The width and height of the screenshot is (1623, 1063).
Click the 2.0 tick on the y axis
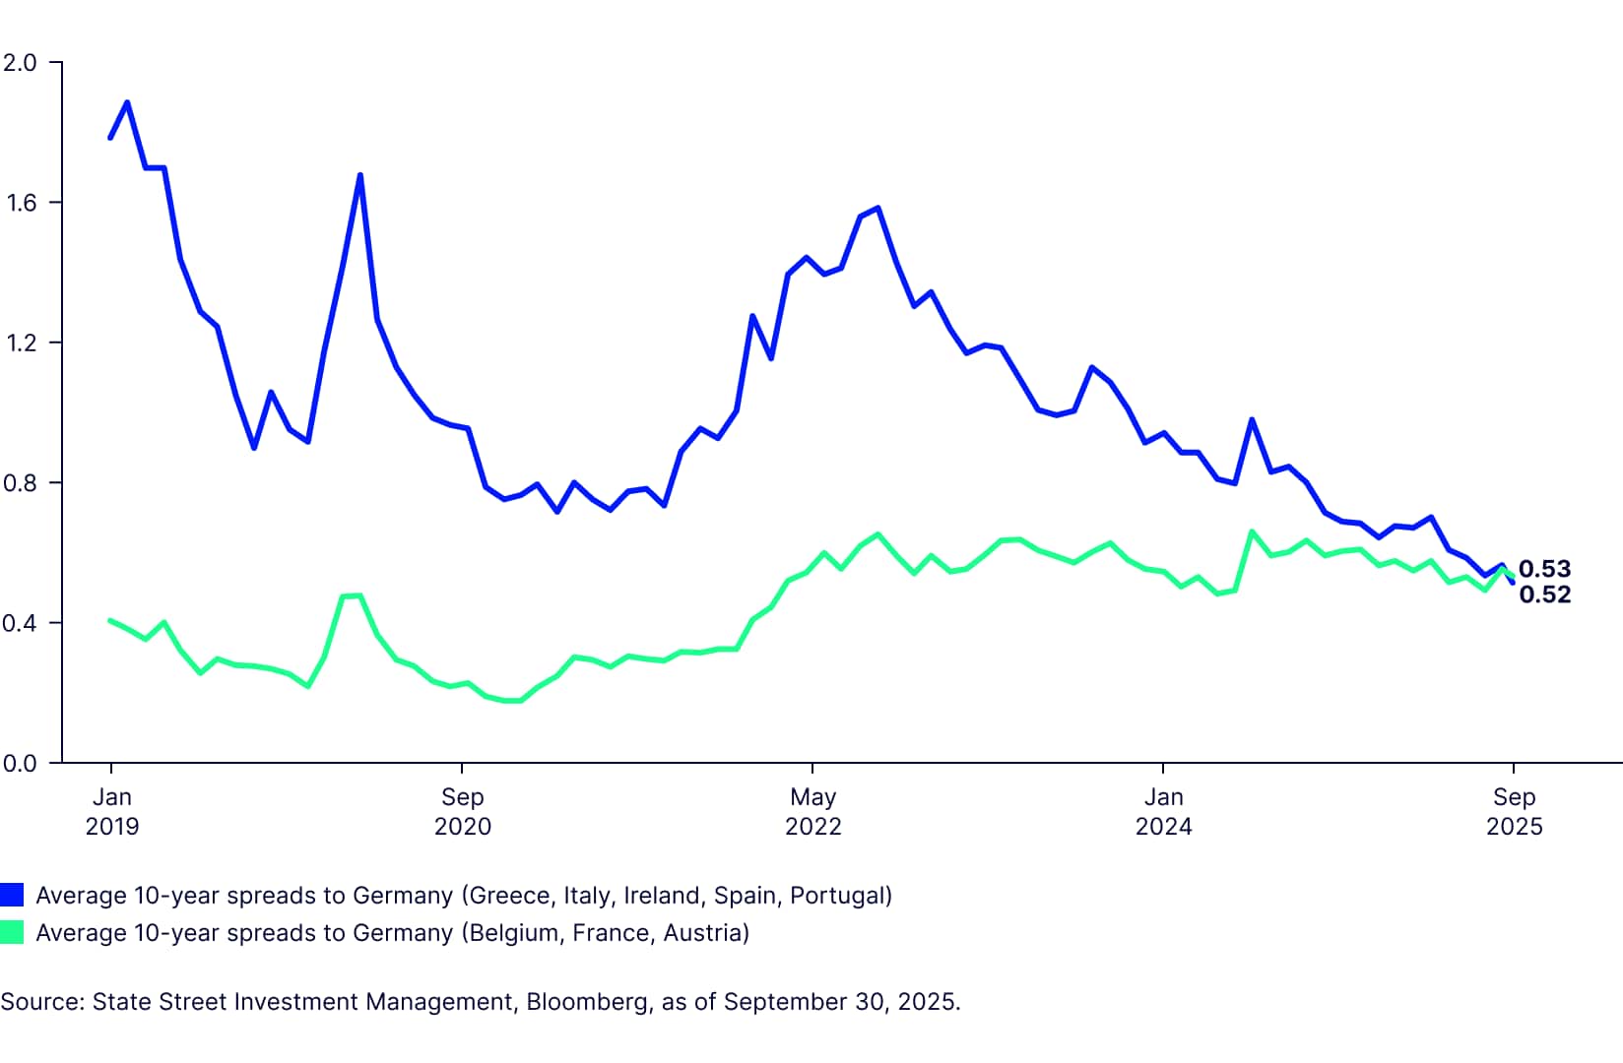pyautogui.click(x=20, y=63)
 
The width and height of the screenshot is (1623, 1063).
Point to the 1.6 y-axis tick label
pyautogui.click(x=20, y=203)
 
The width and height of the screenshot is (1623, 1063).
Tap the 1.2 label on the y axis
pyautogui.click(x=20, y=344)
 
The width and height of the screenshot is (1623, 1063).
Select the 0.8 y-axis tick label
pyautogui.click(x=20, y=483)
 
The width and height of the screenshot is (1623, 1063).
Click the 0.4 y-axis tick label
pyautogui.click(x=20, y=623)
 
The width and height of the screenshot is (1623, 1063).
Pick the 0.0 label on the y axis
pyautogui.click(x=20, y=764)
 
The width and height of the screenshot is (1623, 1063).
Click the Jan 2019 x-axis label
pyautogui.click(x=111, y=811)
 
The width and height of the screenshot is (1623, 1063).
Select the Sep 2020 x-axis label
pyautogui.click(x=462, y=811)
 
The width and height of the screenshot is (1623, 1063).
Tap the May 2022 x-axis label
pyautogui.click(x=812, y=811)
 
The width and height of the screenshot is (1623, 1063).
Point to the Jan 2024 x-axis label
pyautogui.click(x=1163, y=811)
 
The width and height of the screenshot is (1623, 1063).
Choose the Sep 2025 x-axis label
pyautogui.click(x=1514, y=811)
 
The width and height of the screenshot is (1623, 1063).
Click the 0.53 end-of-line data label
pyautogui.click(x=1544, y=569)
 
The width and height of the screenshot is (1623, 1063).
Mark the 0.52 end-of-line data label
pyautogui.click(x=1544, y=594)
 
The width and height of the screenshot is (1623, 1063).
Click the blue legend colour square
pyautogui.click(x=12, y=895)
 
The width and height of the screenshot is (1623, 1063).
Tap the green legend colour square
pyautogui.click(x=12, y=932)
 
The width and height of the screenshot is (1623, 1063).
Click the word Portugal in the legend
pyautogui.click(x=837, y=896)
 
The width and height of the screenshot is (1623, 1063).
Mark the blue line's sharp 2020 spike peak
pyautogui.click(x=360, y=175)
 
